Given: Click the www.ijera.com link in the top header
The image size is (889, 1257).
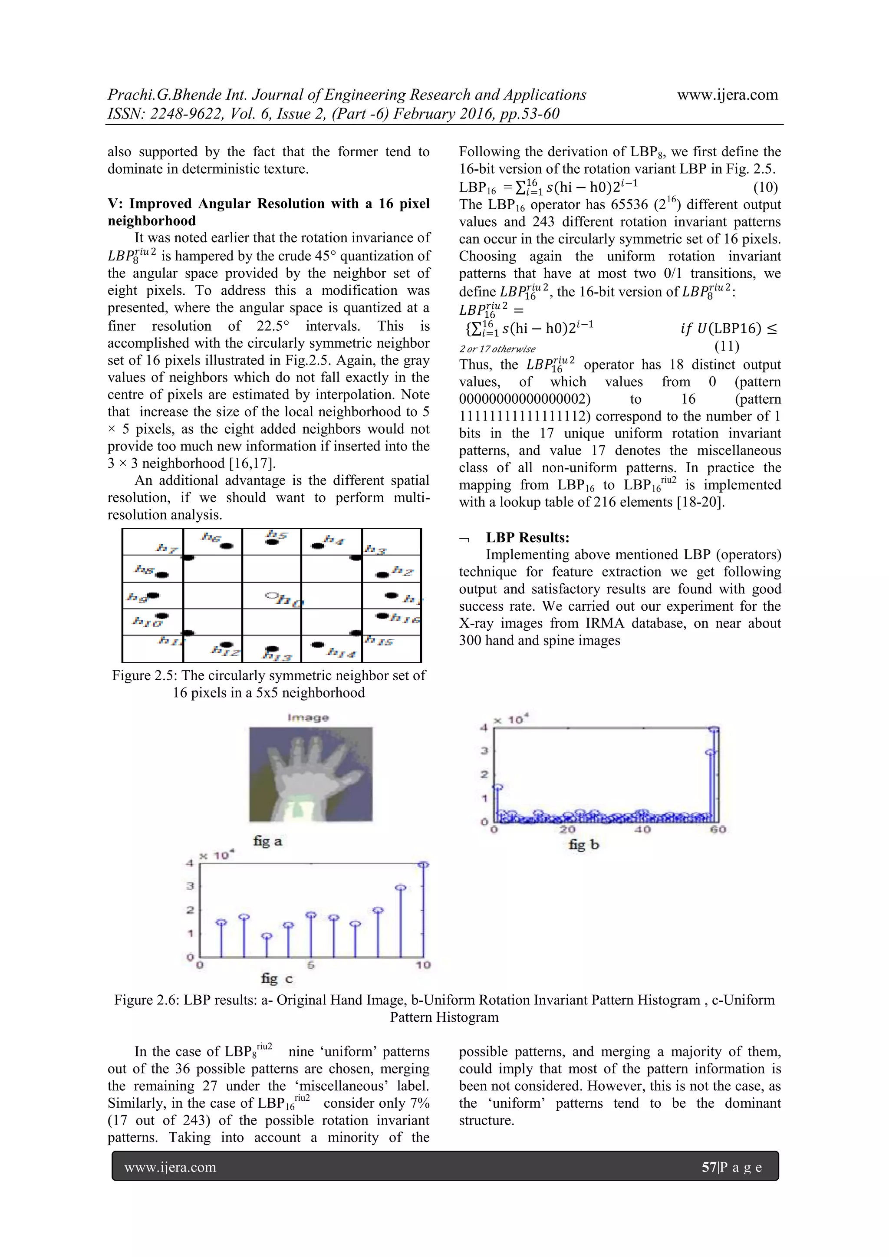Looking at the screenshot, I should pyautogui.click(x=727, y=95).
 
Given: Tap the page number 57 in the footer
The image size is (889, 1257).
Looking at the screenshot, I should pyautogui.click(x=708, y=1168).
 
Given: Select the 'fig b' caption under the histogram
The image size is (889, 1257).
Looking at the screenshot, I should pyautogui.click(x=584, y=844).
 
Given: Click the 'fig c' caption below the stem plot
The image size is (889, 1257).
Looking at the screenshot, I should pyautogui.click(x=277, y=978).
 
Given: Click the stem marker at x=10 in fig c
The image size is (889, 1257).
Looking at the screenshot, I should pyautogui.click(x=423, y=865).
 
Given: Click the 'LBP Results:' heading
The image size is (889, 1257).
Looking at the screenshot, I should pyautogui.click(x=527, y=538).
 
